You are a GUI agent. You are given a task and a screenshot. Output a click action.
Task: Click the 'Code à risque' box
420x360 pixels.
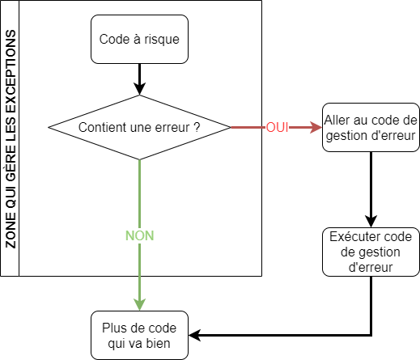point(139,40)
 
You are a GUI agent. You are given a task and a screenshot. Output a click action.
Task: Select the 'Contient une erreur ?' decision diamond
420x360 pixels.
point(139,127)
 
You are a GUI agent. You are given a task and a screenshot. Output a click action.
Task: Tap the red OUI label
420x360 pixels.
point(278,127)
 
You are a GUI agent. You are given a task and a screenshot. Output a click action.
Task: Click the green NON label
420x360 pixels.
point(139,235)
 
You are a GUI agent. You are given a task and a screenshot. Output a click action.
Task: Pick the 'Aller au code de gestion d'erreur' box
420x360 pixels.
point(371,127)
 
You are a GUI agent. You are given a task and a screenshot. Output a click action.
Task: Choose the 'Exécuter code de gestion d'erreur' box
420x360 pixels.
point(371,252)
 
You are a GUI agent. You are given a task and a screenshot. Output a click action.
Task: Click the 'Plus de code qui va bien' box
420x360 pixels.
point(139,336)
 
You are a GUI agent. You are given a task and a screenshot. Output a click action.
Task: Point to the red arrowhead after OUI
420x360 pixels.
point(316,127)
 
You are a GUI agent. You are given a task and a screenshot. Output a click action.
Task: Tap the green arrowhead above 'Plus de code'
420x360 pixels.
point(139,305)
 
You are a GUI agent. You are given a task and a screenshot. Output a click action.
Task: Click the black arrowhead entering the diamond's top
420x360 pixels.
point(139,89)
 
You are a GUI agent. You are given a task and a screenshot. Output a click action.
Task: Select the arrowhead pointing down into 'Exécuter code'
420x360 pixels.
point(371,222)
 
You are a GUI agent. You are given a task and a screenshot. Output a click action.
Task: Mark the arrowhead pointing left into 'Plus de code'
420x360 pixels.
point(195,336)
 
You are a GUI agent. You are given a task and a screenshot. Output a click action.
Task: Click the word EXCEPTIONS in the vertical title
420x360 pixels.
point(11,71)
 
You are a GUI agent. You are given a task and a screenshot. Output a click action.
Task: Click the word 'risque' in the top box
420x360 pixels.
point(162,40)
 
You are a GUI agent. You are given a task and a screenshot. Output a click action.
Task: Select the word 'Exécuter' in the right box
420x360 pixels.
point(352,236)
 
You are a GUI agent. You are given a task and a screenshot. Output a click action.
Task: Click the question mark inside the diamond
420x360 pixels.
point(197,127)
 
